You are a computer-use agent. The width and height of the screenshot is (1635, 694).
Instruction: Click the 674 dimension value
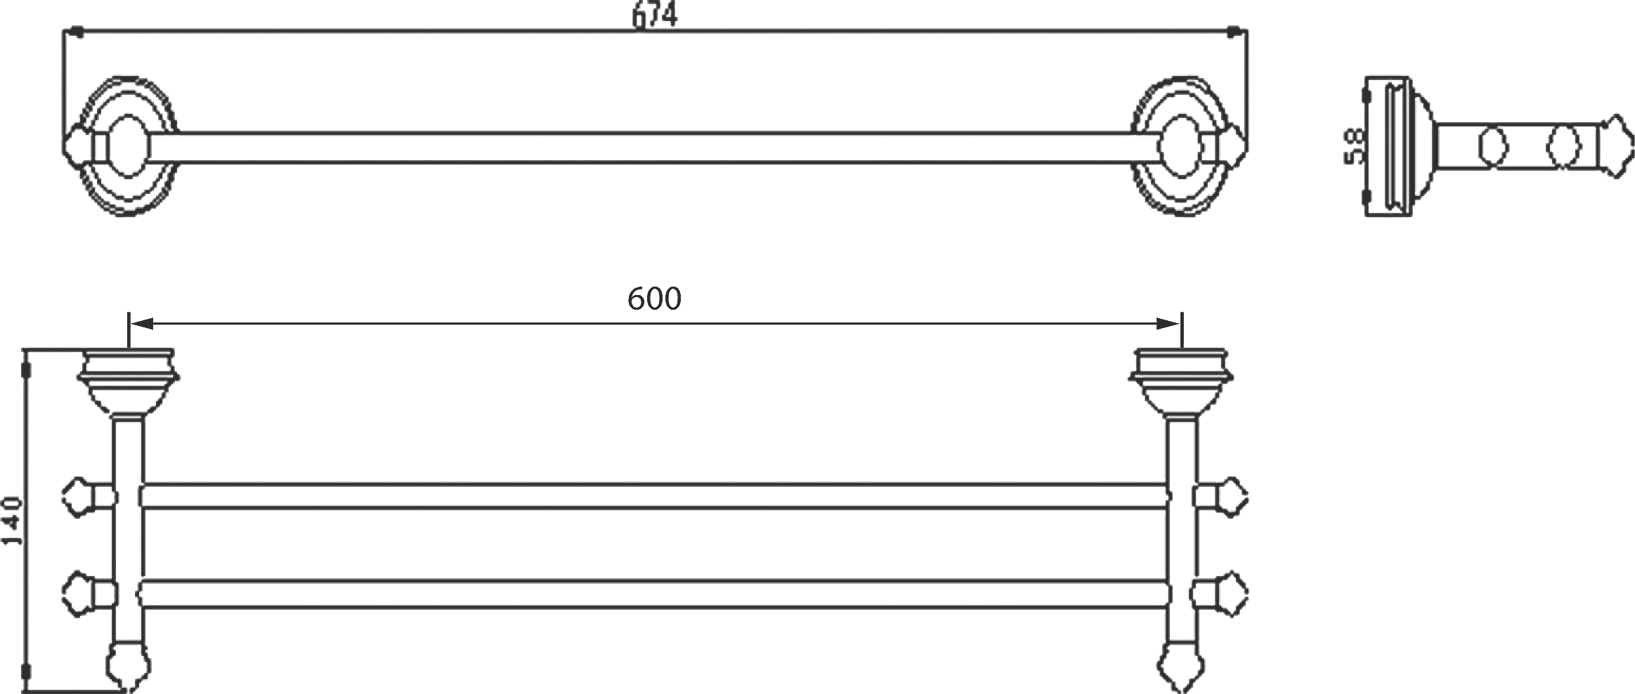654,15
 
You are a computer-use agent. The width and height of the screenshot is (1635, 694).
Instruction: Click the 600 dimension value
654,299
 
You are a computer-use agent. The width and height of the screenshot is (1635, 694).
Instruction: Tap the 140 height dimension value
13,520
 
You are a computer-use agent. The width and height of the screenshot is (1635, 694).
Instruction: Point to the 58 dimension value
1354,145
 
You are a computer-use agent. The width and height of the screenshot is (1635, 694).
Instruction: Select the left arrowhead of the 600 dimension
141,324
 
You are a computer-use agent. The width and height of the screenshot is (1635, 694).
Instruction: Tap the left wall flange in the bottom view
129,383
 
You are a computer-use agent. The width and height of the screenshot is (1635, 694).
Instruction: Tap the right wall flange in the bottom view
1180,383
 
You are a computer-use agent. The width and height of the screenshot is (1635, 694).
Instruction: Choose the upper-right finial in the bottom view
1221,497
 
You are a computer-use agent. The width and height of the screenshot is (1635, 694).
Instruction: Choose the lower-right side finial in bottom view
1221,594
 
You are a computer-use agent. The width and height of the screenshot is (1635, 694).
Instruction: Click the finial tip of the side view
1615,146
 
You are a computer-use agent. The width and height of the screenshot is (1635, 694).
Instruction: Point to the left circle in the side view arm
1493,146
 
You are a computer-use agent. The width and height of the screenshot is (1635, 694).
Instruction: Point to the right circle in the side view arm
1563,146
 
